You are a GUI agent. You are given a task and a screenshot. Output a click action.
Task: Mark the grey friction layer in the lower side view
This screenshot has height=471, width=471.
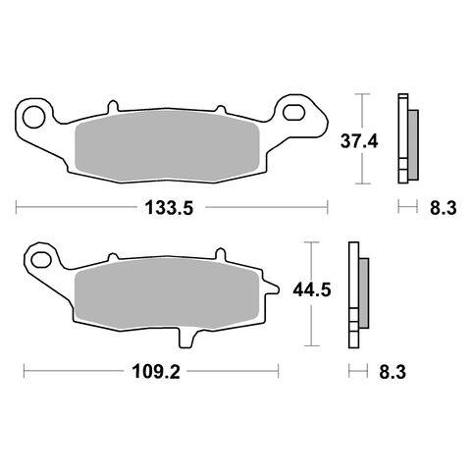(363, 293)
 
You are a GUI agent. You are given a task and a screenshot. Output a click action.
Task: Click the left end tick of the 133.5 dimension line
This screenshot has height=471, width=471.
(18, 207)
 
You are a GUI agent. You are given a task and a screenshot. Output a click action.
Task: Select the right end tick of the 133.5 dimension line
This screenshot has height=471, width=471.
(326, 207)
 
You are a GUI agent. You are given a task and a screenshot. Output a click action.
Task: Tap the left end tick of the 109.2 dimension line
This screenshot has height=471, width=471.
(24, 372)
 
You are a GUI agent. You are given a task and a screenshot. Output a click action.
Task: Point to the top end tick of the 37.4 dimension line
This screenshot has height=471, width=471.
(366, 93)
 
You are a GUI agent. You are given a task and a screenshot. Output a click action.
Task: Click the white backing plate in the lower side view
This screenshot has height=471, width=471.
(352, 294)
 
